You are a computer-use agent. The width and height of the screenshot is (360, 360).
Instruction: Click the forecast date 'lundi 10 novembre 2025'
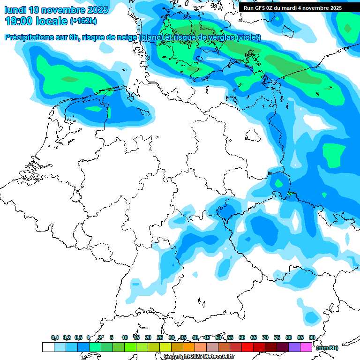click(x=56, y=9)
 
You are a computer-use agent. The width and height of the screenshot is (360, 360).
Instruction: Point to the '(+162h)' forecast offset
click(x=84, y=21)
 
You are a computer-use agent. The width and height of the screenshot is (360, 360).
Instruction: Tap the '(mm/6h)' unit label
click(x=327, y=348)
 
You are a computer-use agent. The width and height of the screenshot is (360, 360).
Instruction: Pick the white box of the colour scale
click(x=48, y=347)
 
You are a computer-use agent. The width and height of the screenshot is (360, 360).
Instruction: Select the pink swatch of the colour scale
click(x=306, y=347)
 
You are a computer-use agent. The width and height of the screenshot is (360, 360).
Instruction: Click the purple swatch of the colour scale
click(x=294, y=347)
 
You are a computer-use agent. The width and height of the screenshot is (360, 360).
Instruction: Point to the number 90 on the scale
click(x=312, y=337)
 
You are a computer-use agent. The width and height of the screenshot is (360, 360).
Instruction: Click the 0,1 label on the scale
click(x=55, y=337)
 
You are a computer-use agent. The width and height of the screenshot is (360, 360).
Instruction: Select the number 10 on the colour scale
click(x=124, y=337)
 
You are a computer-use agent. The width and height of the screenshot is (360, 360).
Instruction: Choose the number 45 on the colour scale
click(x=207, y=337)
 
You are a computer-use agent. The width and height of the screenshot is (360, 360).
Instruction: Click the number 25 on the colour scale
click(x=160, y=337)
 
